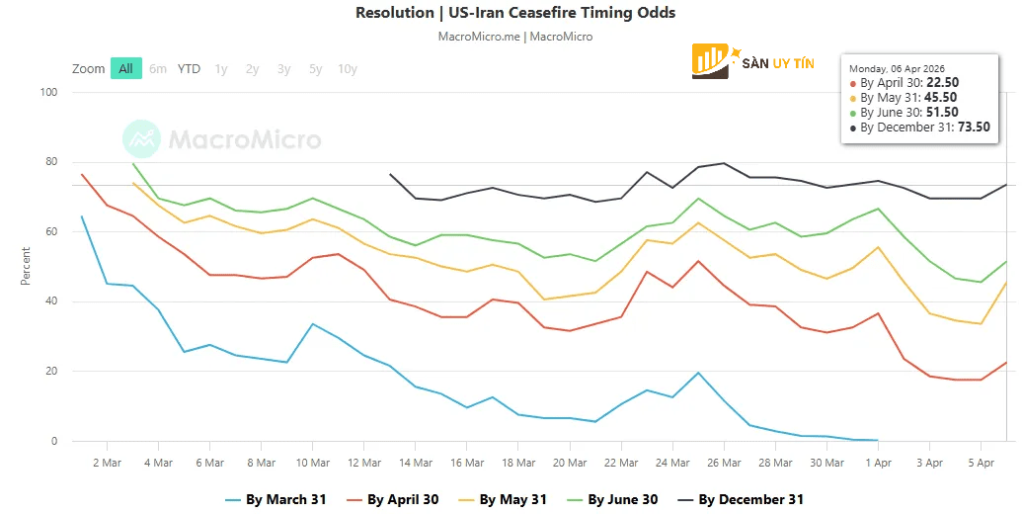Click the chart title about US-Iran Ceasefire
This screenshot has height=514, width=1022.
[x=514, y=13]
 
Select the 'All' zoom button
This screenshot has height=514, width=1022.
[x=125, y=69]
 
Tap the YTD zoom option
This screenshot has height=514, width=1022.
[x=189, y=69]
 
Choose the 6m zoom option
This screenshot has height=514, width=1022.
[x=158, y=69]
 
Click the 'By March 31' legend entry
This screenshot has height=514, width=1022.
[x=275, y=499]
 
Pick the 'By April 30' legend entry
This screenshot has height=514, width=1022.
[x=391, y=499]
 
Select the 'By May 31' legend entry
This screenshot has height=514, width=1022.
[x=502, y=499]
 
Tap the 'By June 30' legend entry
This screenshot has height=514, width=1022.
[x=611, y=499]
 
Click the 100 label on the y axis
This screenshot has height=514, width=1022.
[x=47, y=93]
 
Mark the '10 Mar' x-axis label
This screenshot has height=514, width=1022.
[x=313, y=462]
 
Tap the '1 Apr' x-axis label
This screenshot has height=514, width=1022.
[x=878, y=462]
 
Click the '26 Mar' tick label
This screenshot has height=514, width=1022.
[x=724, y=462]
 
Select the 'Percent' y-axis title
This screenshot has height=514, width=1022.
[x=26, y=267]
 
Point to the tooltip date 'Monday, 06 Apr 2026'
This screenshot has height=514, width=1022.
[x=901, y=68]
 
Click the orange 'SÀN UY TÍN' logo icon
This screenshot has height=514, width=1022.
[x=711, y=60]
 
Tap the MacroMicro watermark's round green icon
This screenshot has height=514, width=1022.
[x=141, y=140]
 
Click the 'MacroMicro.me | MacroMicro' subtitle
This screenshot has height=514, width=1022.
[x=514, y=37]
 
